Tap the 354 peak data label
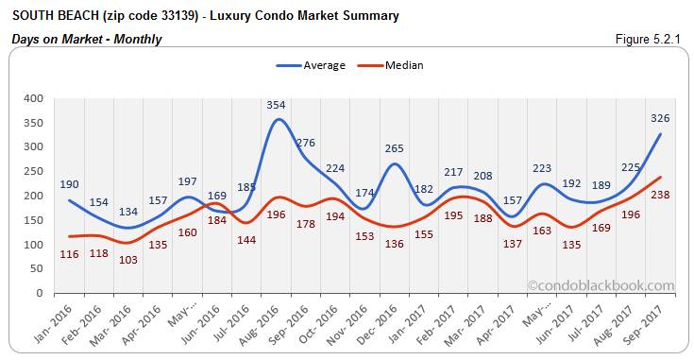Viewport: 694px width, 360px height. (277, 105)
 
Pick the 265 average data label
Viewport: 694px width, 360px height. (395, 148)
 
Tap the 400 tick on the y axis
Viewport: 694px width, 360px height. (33, 98)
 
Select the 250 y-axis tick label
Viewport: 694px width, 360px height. (33, 171)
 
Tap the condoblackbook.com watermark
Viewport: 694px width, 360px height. (601, 285)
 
